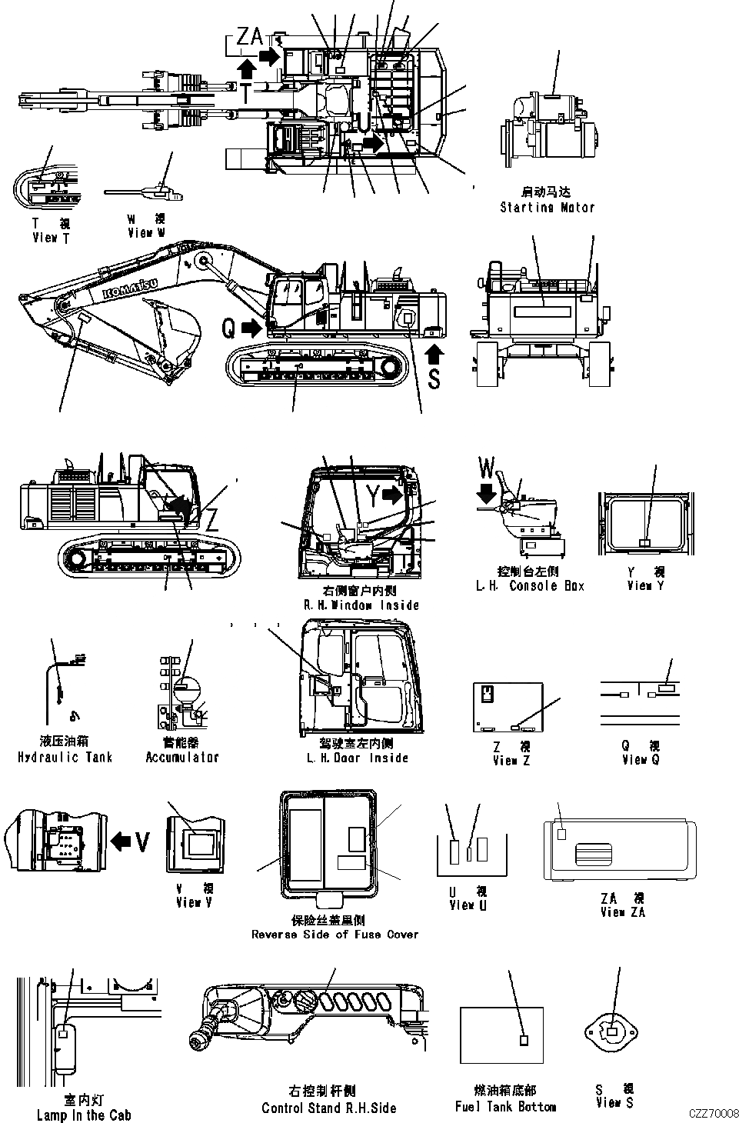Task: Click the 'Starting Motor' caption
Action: [547, 207]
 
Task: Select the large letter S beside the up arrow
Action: [434, 379]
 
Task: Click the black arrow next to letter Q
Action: [251, 328]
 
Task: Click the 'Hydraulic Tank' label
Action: [65, 758]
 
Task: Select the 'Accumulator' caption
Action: [182, 758]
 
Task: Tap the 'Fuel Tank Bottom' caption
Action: [505, 1107]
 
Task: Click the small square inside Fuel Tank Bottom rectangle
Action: [524, 1040]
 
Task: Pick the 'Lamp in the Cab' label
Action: [84, 1115]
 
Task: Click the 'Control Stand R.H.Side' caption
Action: [329, 1108]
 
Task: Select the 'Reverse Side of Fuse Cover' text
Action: [335, 935]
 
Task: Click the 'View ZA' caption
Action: [623, 912]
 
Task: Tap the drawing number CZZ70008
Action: [714, 1113]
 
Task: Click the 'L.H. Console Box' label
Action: [530, 586]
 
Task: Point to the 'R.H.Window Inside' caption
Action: [361, 605]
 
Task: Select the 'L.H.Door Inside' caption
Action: [358, 758]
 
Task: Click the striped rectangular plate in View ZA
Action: [593, 855]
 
